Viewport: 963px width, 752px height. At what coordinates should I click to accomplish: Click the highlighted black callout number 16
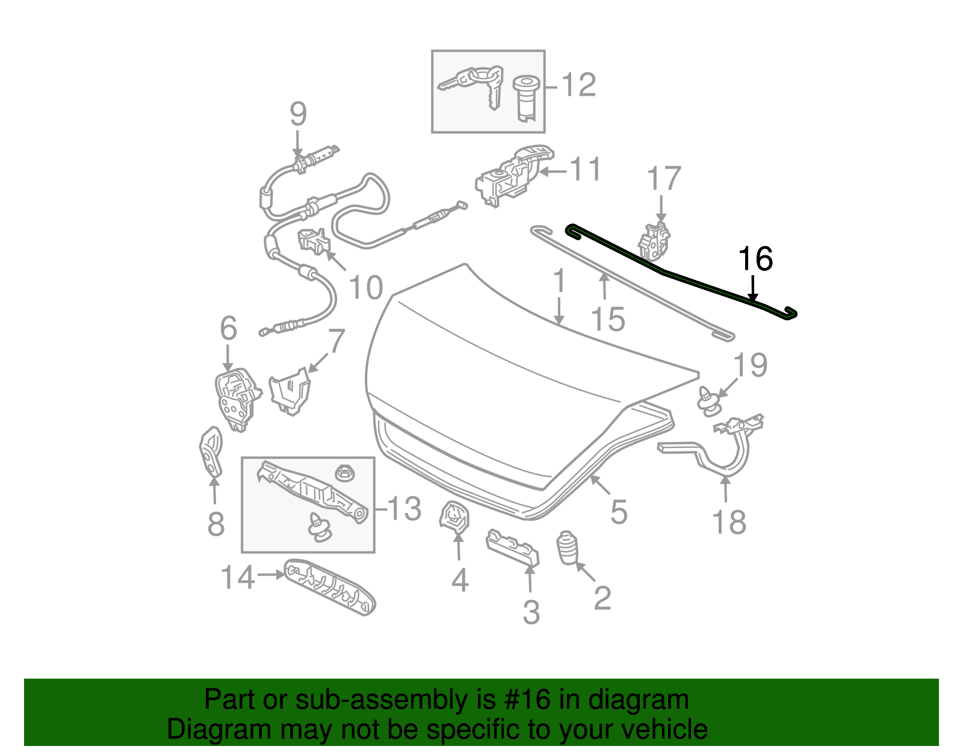pos(755,259)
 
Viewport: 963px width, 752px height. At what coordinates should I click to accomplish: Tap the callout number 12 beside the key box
pos(579,85)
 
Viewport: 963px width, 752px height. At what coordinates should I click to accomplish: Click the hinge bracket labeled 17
pos(654,241)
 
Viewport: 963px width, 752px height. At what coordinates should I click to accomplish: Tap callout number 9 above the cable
pos(298,114)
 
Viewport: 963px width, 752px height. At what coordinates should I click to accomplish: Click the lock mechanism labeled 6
pos(237,399)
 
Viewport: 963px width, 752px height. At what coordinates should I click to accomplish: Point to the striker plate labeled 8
pos(211,452)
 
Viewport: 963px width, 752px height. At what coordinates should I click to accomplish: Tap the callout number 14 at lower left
pos(238,578)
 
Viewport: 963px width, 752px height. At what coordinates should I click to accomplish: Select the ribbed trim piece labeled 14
pos(330,587)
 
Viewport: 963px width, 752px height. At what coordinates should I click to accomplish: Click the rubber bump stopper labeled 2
pos(567,547)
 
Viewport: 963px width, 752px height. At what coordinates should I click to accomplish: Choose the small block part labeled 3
pos(513,546)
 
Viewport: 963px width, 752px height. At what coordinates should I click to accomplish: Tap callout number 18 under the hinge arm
pos(729,522)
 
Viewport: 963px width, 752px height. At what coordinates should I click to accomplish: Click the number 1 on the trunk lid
pos(560,282)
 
